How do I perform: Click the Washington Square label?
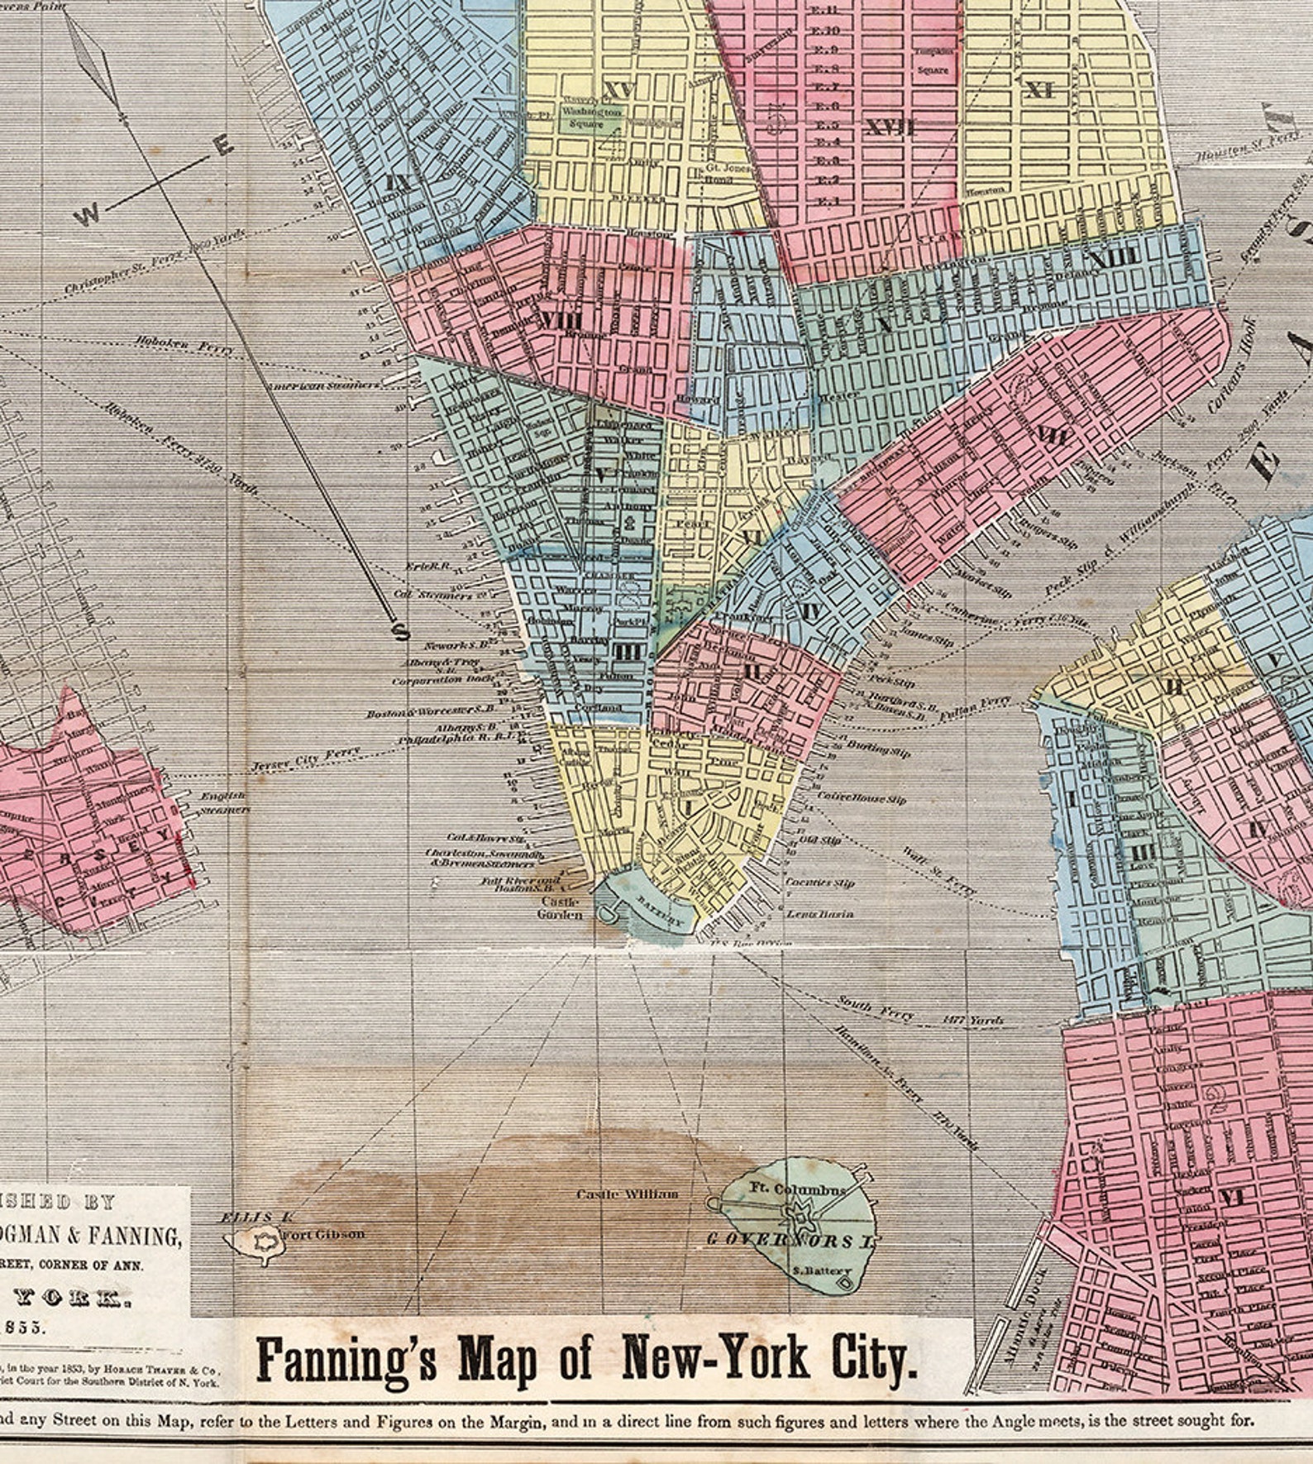pos(590,117)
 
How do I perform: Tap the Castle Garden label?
pos(560,908)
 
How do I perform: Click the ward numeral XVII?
pos(890,128)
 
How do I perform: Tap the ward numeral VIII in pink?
pos(560,323)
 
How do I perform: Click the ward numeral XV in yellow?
pos(618,89)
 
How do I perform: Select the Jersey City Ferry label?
pos(307,758)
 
